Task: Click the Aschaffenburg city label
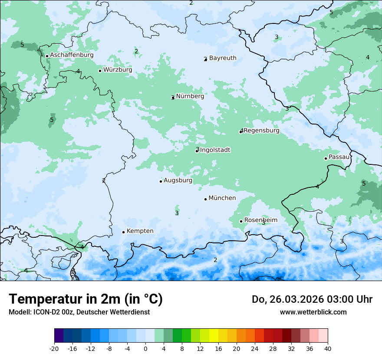(x=72, y=55)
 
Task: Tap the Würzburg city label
(x=118, y=70)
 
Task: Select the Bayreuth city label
(x=223, y=58)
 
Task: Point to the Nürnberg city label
(x=190, y=96)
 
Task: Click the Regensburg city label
(x=261, y=131)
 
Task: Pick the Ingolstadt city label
(x=215, y=150)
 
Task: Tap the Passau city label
(x=339, y=157)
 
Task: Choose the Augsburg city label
(x=178, y=180)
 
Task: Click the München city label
(x=222, y=198)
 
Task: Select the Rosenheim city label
(x=260, y=220)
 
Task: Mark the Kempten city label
(x=140, y=231)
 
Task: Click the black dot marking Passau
(x=326, y=158)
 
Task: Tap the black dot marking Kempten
(x=123, y=232)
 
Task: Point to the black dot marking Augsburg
(x=161, y=181)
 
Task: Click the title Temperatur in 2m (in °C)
(x=86, y=299)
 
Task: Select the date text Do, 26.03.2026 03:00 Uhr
(x=312, y=299)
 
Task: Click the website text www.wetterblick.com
(x=313, y=312)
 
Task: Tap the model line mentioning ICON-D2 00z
(x=79, y=312)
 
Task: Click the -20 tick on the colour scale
(x=54, y=348)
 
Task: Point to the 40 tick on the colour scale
(x=328, y=348)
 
